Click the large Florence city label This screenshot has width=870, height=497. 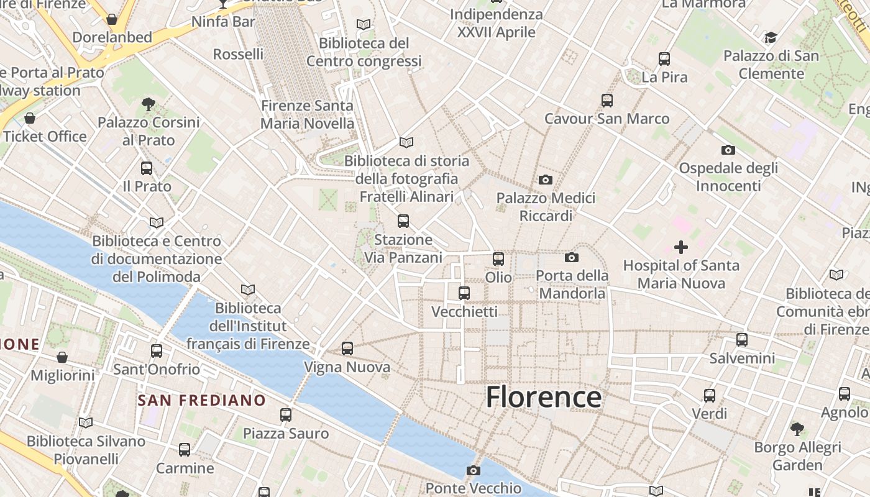point(544,397)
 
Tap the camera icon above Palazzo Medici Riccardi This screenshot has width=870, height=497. point(546,180)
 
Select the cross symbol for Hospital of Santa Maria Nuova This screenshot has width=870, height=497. point(681,247)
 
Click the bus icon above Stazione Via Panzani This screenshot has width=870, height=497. point(403,221)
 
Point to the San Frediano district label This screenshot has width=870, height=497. point(202,400)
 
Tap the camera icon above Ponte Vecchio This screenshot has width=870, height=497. point(474,470)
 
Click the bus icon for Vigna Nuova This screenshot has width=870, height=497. point(347,349)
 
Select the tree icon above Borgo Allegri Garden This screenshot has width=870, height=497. point(797,429)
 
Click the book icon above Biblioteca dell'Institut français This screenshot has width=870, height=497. point(248,290)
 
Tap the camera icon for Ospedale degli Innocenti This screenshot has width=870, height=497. point(728,150)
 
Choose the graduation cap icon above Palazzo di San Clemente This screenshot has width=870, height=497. point(771,38)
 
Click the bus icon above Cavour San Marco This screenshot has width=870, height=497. point(607,101)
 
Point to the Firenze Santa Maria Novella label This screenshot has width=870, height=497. point(307,114)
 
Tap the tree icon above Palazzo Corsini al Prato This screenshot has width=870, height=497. point(149,104)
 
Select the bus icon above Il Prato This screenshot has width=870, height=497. point(147,168)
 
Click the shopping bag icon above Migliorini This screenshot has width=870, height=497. point(62,357)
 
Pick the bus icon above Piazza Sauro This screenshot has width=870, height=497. point(286,415)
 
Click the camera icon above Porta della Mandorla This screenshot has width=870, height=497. point(572,257)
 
